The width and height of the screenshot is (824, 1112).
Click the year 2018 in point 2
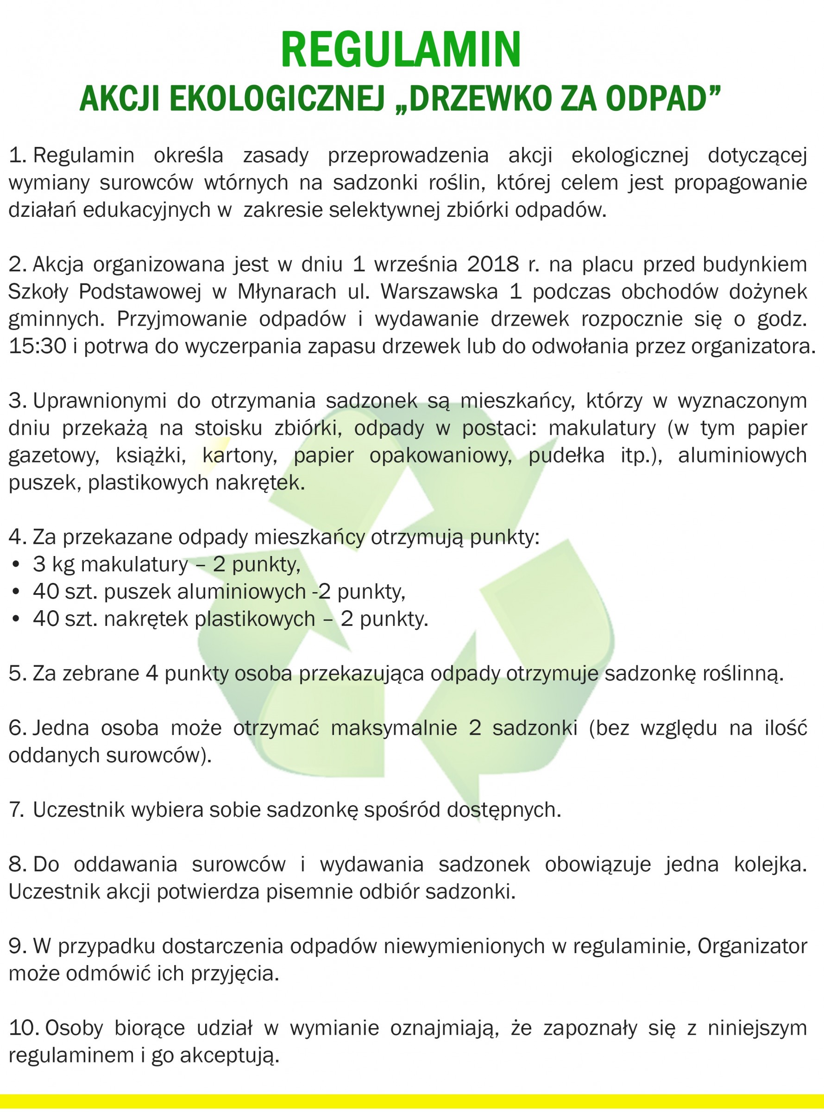pyautogui.click(x=493, y=265)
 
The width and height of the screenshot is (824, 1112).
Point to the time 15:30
pyautogui.click(x=38, y=346)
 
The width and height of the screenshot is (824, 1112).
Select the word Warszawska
pyautogui.click(x=439, y=292)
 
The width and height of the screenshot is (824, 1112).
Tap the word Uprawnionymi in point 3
pyautogui.click(x=99, y=401)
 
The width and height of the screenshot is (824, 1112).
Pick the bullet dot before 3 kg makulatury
pyautogui.click(x=17, y=565)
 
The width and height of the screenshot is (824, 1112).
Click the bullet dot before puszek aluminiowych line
pyautogui.click(x=17, y=592)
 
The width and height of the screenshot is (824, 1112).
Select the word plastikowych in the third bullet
pyautogui.click(x=254, y=619)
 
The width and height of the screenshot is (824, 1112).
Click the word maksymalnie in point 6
pyautogui.click(x=394, y=728)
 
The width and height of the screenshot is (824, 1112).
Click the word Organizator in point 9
pyautogui.click(x=752, y=947)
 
